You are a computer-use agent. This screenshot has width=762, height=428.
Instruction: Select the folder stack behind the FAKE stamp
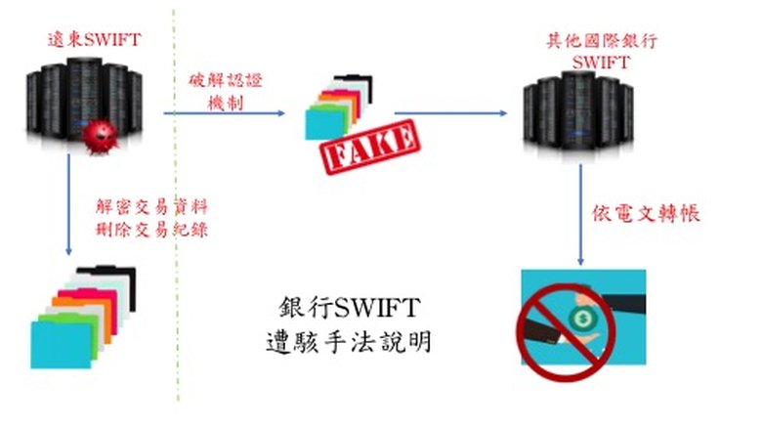[x=338, y=106]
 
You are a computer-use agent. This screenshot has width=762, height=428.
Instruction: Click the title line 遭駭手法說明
[x=348, y=343]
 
